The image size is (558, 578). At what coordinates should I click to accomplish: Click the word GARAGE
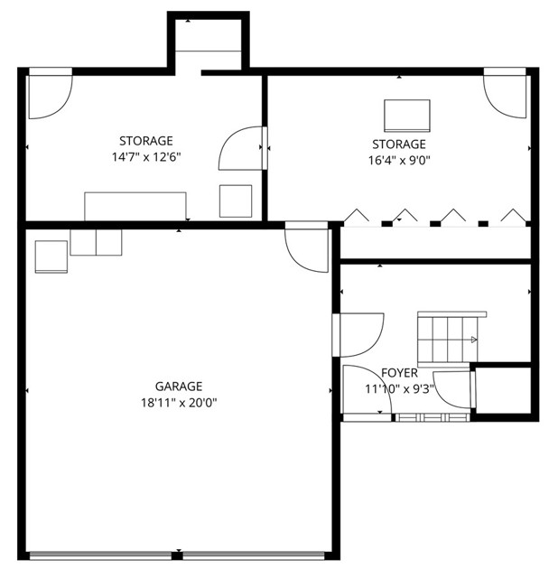(x=178, y=386)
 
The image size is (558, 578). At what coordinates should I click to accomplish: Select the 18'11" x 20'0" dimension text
(x=178, y=403)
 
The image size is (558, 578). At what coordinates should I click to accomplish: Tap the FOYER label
(x=399, y=373)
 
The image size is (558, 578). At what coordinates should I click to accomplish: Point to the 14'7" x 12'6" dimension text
(x=145, y=156)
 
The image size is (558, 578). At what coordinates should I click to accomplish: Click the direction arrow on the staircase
(x=472, y=340)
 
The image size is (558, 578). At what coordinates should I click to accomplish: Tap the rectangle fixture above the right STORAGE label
(x=407, y=116)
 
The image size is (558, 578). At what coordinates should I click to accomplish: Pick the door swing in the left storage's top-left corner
(x=49, y=97)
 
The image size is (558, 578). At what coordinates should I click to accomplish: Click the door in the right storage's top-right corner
(x=505, y=93)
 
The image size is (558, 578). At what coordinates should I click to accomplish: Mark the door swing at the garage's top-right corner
(x=307, y=249)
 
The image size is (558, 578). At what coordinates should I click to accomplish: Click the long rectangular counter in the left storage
(x=135, y=205)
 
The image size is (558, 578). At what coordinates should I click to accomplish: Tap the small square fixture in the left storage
(x=237, y=200)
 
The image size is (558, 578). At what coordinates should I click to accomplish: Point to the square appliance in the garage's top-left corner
(x=51, y=256)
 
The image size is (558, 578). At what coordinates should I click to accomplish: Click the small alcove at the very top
(x=209, y=43)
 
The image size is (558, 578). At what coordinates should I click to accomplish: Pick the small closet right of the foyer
(x=502, y=391)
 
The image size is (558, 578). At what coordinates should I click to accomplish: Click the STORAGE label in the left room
(x=145, y=141)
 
